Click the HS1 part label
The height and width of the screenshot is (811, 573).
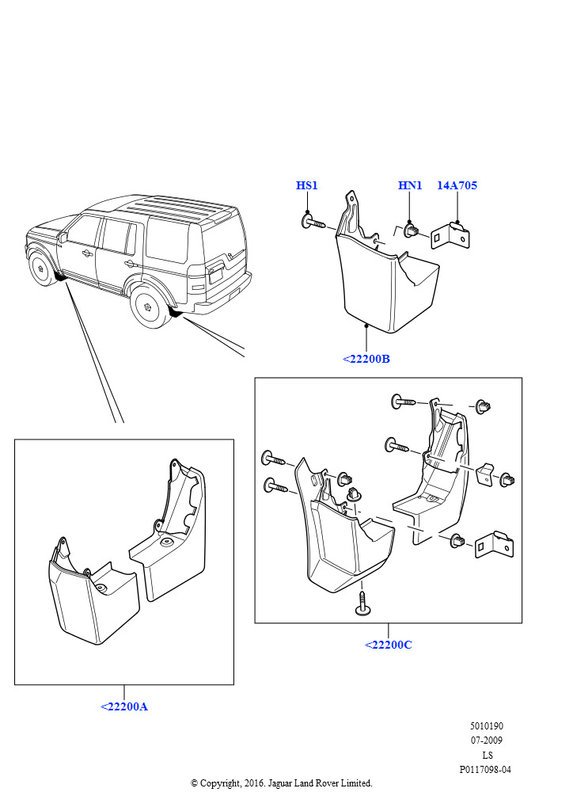point(306,185)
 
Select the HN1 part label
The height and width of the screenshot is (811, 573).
point(410,185)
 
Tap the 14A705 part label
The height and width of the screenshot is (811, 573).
point(457,185)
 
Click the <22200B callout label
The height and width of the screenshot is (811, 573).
point(366,359)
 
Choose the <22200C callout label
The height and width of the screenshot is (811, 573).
point(389,645)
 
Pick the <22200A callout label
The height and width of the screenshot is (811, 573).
point(124,707)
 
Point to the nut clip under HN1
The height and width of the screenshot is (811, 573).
point(412,230)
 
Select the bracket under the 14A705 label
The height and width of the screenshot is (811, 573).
point(450,235)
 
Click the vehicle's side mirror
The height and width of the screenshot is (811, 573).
point(63,238)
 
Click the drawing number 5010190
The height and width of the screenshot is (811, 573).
point(486,726)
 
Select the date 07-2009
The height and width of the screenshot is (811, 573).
point(486,741)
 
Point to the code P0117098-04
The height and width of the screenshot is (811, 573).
point(485,770)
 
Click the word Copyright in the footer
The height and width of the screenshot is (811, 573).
point(220,783)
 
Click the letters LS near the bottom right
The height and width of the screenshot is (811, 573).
point(488,755)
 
